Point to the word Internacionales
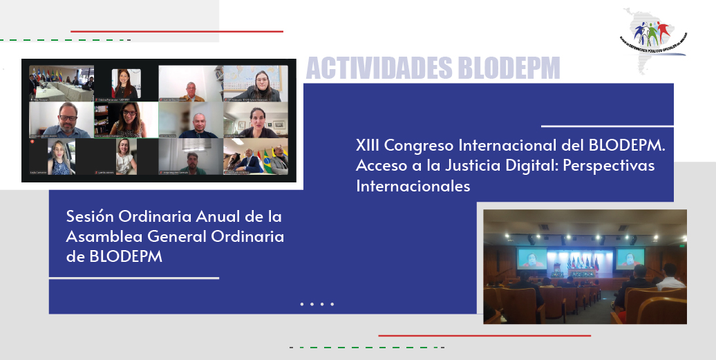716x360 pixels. (x=413, y=186)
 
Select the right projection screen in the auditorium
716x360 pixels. (x=630, y=258)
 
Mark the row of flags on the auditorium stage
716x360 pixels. (x=582, y=263)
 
